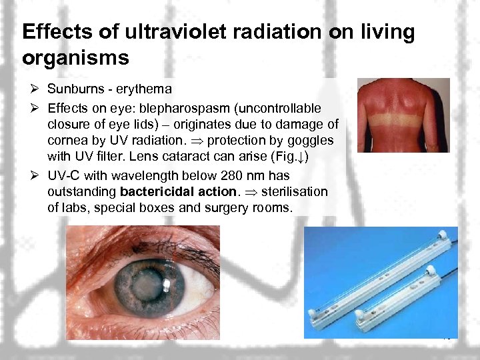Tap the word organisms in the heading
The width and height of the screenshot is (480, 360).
(x=75, y=58)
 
